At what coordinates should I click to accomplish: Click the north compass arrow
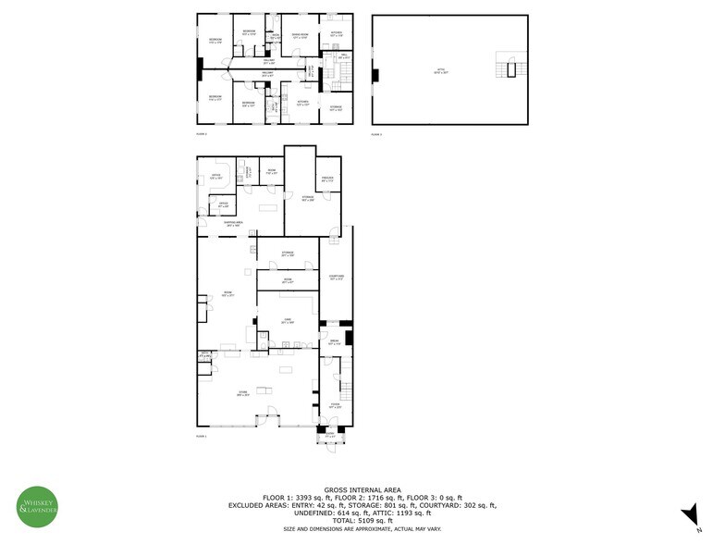point(688,513)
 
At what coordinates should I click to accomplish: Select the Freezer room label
point(327,179)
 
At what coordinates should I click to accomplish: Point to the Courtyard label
point(337,278)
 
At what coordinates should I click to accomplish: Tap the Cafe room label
point(289,321)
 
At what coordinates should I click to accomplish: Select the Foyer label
point(335,406)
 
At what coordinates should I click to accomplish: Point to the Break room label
point(335,343)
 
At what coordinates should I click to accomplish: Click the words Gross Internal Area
point(362,488)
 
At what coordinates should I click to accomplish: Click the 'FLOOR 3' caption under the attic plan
point(376,135)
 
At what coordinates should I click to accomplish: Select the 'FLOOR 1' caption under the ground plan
point(202,435)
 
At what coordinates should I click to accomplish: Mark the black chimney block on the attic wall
point(375,75)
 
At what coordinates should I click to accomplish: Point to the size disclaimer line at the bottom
point(362,528)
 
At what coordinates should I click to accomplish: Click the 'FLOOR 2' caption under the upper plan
point(202,135)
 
